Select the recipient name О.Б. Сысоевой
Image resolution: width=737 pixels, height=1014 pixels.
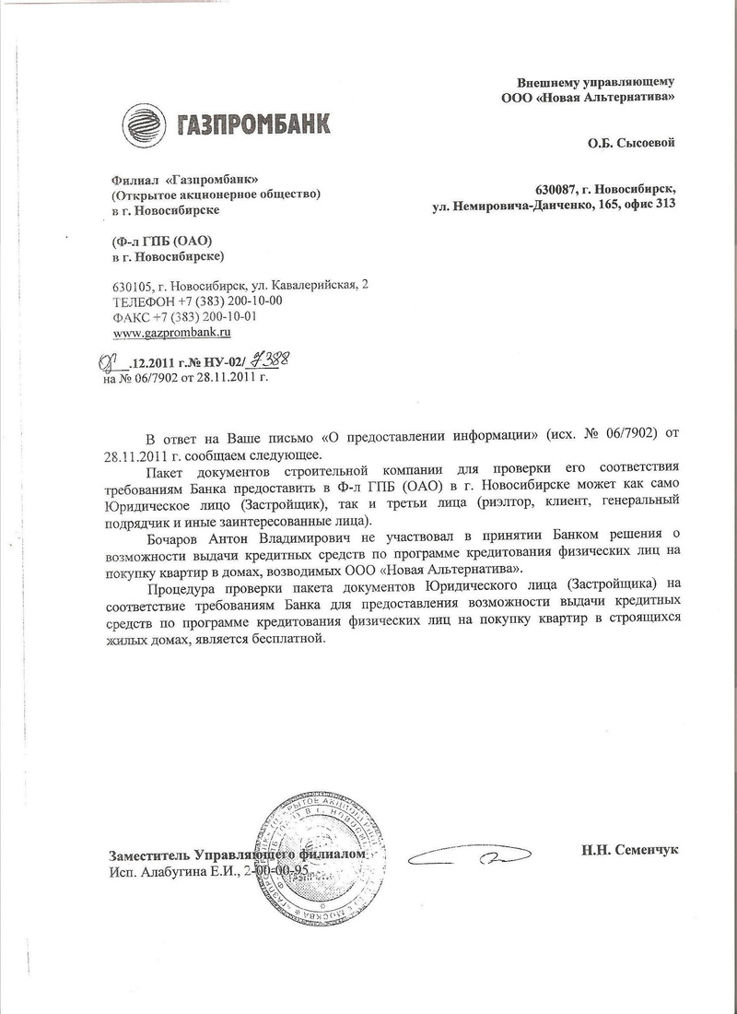pos(632,144)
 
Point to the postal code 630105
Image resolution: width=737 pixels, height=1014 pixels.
pos(132,285)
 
